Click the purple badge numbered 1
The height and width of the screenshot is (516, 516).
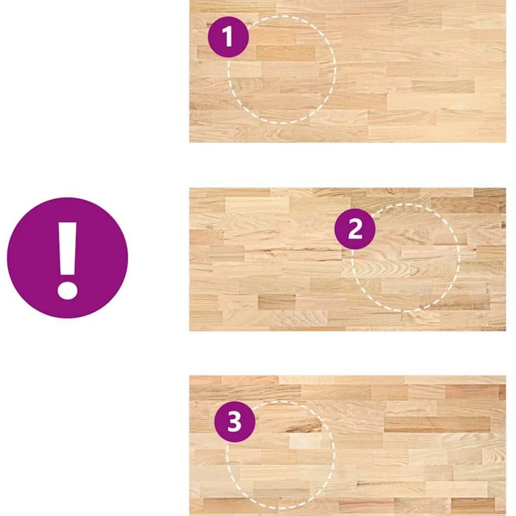coord(228,37)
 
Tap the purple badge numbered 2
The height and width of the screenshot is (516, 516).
coord(355,229)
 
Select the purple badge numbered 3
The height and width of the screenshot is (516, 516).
coord(235,421)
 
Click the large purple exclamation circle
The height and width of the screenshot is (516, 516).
coord(68,257)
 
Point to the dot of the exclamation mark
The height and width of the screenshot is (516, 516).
coord(68,290)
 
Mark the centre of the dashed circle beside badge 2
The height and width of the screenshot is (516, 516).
coord(405,257)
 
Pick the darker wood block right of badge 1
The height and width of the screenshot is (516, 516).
coord(285,53)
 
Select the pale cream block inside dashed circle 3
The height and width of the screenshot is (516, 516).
coord(310,440)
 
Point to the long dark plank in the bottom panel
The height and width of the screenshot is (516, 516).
coord(437,425)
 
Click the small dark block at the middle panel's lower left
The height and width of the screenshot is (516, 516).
coord(277,302)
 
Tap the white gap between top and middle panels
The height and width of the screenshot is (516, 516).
coord(347,165)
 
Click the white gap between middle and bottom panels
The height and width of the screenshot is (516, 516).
coord(347,353)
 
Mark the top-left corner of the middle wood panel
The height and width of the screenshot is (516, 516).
coord(189,188)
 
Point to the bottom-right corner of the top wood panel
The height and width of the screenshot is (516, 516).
coord(506,143)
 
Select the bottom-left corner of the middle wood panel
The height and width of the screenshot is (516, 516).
coord(189,331)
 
